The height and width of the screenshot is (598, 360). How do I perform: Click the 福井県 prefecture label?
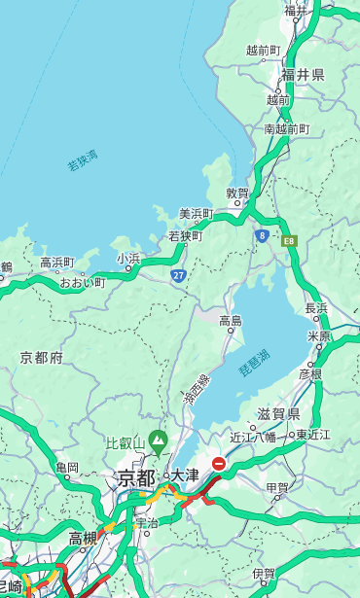(x=303, y=75)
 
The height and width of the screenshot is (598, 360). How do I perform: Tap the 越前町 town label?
(x=263, y=51)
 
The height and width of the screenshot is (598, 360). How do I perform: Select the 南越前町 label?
(x=286, y=128)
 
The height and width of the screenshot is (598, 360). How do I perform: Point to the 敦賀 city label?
(x=238, y=193)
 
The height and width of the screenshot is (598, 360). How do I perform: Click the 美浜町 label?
(x=196, y=214)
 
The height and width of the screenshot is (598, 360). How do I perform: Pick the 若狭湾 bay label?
(x=82, y=160)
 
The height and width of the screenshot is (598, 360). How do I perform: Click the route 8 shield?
(x=262, y=235)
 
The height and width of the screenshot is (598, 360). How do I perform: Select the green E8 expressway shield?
(x=289, y=239)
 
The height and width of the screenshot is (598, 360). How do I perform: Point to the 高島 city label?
(x=231, y=321)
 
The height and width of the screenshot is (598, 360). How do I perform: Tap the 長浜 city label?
(x=316, y=308)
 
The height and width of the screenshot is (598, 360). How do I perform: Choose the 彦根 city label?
(x=309, y=373)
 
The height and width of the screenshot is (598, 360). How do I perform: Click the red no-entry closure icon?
(x=220, y=465)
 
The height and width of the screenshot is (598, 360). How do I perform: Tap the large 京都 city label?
(x=136, y=477)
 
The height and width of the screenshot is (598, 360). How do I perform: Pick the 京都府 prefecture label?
(x=41, y=358)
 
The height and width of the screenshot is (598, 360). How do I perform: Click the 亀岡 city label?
(x=66, y=468)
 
